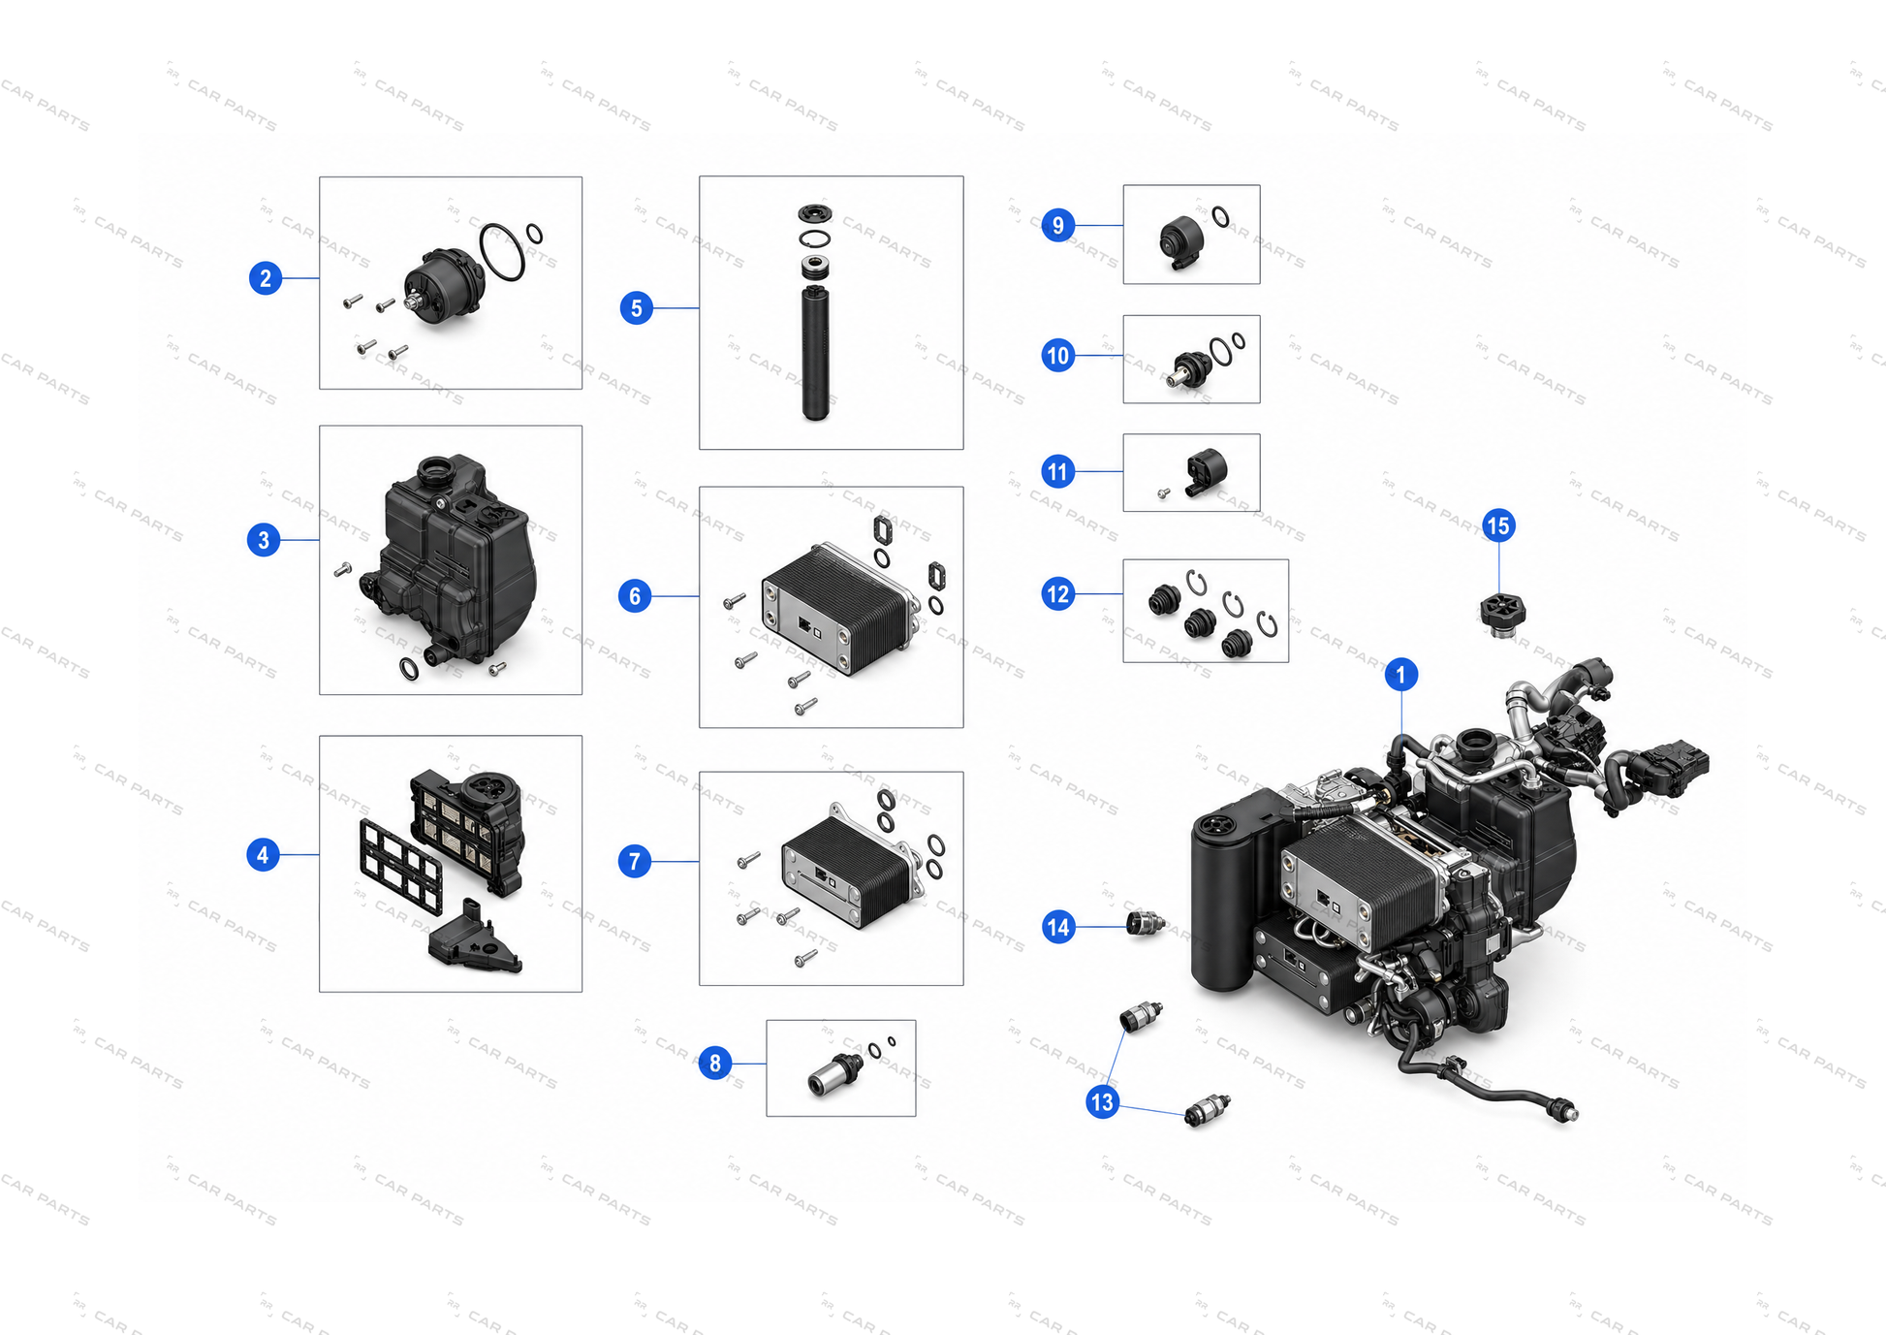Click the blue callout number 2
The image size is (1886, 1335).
(266, 278)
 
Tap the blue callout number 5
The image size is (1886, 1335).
(636, 308)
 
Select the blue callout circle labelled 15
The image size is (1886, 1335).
(1498, 525)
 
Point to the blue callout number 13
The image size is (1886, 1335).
(1102, 1101)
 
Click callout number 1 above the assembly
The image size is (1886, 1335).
(1400, 674)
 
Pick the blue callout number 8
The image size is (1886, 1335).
(714, 1063)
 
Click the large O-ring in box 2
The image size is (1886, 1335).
(502, 252)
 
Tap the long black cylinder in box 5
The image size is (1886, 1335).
(816, 352)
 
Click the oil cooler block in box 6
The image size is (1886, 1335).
(835, 608)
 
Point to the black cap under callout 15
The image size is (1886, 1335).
(1502, 615)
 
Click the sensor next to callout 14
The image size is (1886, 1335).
(1145, 924)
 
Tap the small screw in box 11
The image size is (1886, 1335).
(1164, 493)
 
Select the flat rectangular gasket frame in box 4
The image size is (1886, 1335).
(401, 863)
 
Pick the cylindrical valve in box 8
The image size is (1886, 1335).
(835, 1074)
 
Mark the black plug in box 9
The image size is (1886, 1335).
(1181, 241)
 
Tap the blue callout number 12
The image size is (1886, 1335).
(1057, 593)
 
